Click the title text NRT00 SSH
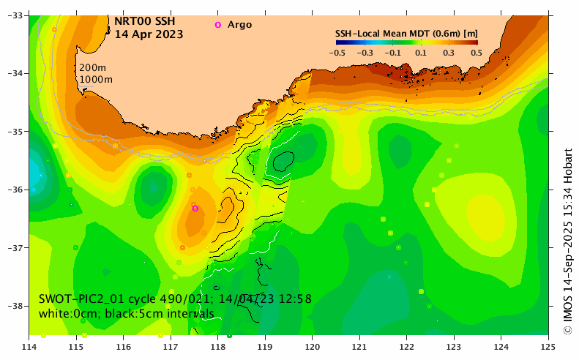pyautogui.click(x=145, y=20)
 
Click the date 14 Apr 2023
pyautogui.click(x=149, y=34)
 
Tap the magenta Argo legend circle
pyautogui.click(x=217, y=25)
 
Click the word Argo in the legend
pyautogui.click(x=239, y=25)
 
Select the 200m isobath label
pyautogui.click(x=93, y=67)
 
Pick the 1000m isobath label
pyautogui.click(x=96, y=79)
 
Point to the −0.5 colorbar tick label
pyautogui.click(x=337, y=53)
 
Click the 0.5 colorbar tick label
pyautogui.click(x=477, y=53)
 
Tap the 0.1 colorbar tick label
pyautogui.click(x=420, y=53)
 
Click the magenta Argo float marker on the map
pyautogui.click(x=195, y=209)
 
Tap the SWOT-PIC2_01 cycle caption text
pyautogui.click(x=175, y=299)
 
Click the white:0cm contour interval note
pyautogui.click(x=127, y=313)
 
